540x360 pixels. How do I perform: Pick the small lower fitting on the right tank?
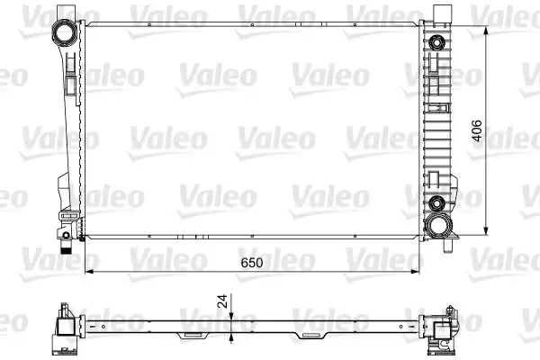tap(437, 202)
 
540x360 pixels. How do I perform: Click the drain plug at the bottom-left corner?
tap(67, 241)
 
